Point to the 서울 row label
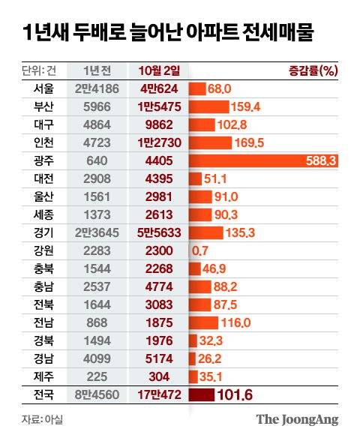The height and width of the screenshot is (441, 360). (x=34, y=88)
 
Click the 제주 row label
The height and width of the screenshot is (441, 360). (x=34, y=376)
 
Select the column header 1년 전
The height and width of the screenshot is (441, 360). (x=97, y=70)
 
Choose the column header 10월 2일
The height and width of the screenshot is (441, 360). (x=159, y=70)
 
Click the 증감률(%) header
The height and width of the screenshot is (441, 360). (x=313, y=70)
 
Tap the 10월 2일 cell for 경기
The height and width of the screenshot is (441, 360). (x=159, y=232)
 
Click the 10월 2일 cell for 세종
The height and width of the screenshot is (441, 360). (x=159, y=214)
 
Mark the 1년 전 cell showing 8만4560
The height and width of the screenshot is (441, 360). (x=97, y=394)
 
